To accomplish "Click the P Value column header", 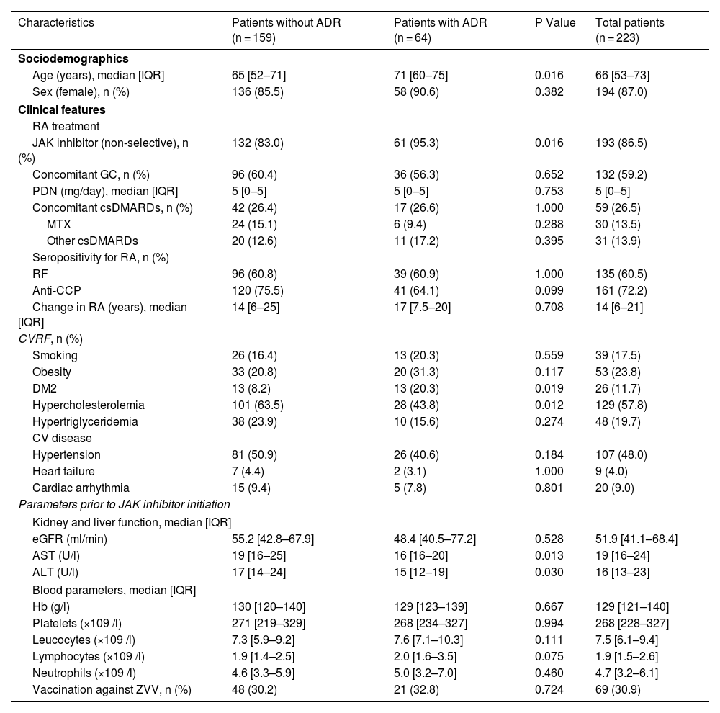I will [x=555, y=22].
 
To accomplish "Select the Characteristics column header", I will [x=56, y=22].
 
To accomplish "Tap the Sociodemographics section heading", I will [x=73, y=58].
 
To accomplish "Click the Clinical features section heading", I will [x=62, y=110].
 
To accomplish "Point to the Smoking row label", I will [x=55, y=355].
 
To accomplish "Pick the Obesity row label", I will [x=52, y=372].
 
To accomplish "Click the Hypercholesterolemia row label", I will [x=89, y=405].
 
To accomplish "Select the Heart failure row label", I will [x=63, y=471].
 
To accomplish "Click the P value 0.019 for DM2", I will [x=549, y=388].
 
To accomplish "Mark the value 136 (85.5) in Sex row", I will [x=257, y=91].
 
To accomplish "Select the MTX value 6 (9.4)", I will [x=412, y=224].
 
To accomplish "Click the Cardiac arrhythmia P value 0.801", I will [x=549, y=488].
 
